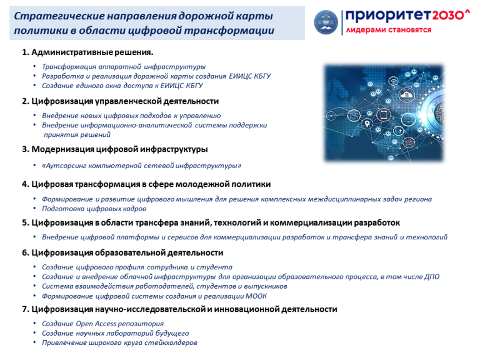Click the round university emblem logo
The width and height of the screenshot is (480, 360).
pos(326,22)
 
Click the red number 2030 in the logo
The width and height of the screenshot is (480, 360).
pos(448,15)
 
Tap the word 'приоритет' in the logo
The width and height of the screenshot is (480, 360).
pos(388,16)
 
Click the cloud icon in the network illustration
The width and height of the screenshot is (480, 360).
pos(406,94)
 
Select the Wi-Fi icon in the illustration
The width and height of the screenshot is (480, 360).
pos(393,81)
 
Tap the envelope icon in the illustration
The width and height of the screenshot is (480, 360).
pos(354,116)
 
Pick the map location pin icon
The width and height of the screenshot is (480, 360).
pos(366,124)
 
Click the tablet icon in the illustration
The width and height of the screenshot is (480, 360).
pos(384,115)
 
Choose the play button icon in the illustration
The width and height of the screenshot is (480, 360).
pos(331,116)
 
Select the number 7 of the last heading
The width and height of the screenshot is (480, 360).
pos(25,309)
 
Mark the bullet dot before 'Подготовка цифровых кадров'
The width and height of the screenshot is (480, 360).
pos(34,208)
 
